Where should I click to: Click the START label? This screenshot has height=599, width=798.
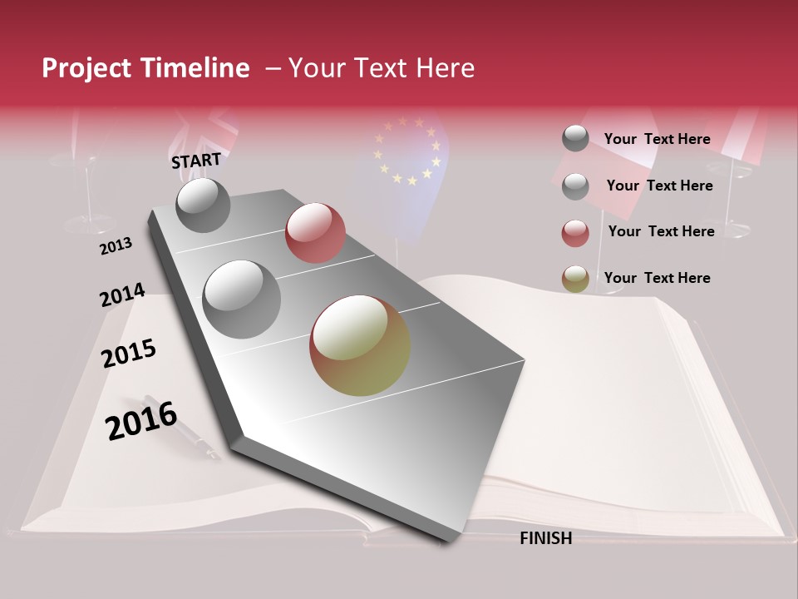[196, 161]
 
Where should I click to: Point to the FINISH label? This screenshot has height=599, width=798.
[545, 538]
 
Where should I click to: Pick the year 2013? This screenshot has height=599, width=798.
[116, 245]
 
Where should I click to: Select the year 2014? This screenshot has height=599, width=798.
[122, 295]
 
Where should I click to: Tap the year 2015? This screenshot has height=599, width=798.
[129, 354]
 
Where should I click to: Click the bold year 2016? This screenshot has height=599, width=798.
[141, 420]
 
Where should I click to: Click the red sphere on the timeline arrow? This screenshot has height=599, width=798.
[315, 233]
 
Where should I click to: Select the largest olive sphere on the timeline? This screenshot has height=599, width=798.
[360, 345]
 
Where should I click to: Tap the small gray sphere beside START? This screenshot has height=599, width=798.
[203, 205]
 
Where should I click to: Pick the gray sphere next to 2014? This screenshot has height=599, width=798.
[242, 299]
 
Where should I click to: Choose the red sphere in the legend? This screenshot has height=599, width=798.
[575, 233]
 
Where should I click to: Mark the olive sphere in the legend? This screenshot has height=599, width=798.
[575, 280]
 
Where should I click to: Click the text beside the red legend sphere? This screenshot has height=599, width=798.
[661, 231]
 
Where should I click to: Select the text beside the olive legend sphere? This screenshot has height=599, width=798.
[657, 278]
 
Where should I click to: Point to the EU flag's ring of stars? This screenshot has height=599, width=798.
[406, 150]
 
